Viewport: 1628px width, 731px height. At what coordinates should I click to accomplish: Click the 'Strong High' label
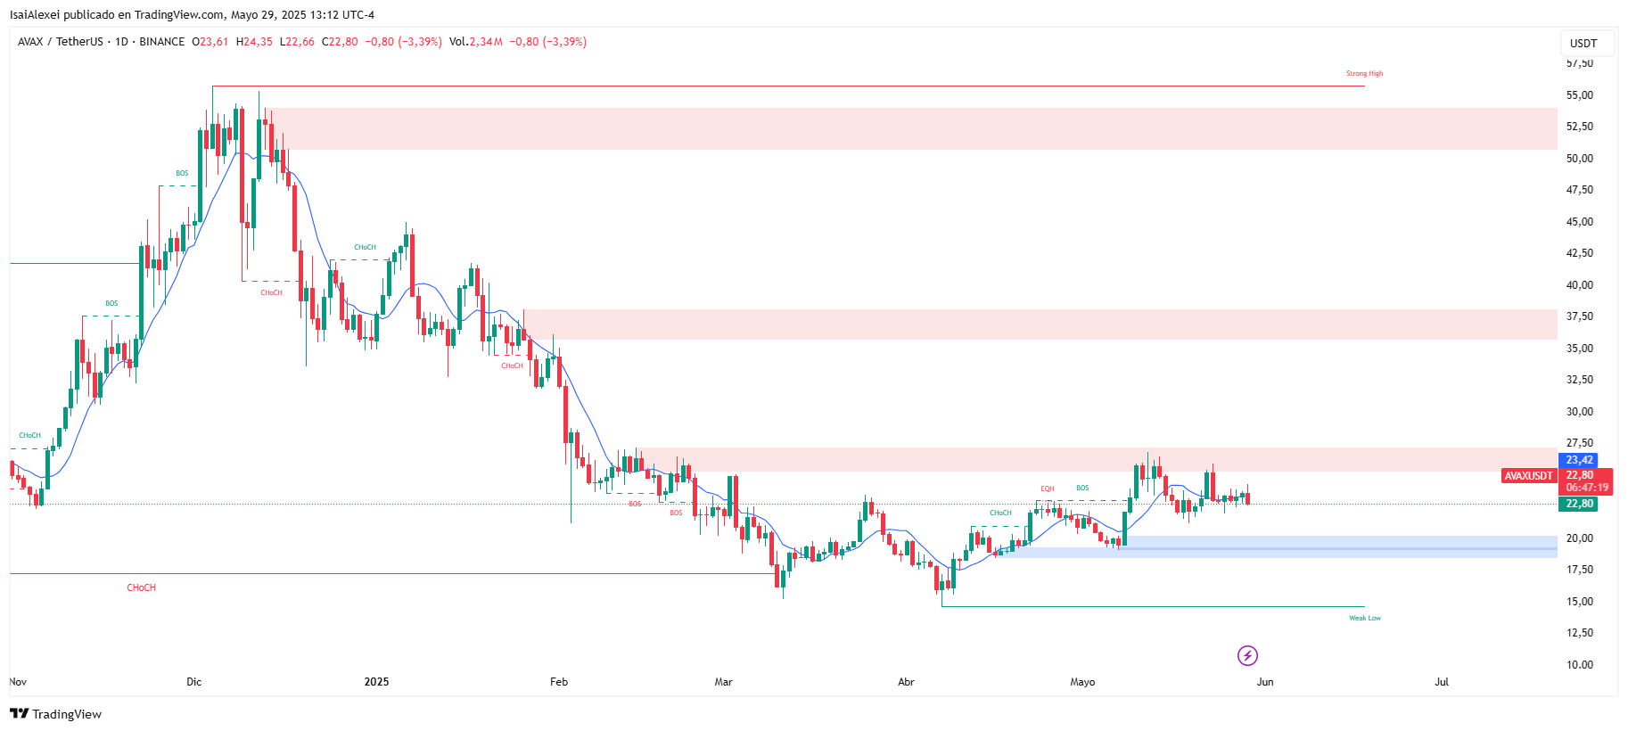click(1364, 74)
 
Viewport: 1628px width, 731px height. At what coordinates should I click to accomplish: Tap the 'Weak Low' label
click(1364, 618)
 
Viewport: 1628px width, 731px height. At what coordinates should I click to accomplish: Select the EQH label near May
click(1047, 489)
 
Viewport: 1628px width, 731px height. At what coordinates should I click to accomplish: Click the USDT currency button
click(1583, 44)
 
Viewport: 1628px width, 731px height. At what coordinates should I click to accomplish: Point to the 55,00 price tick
click(1580, 95)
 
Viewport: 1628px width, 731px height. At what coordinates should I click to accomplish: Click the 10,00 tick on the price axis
click(1580, 664)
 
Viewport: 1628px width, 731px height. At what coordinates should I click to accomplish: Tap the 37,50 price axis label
click(1580, 316)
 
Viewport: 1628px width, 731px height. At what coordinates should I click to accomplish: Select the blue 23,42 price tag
click(1580, 460)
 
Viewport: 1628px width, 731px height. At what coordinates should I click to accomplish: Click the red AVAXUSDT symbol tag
click(1529, 476)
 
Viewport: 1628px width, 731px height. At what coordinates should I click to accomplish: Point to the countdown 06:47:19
click(1587, 488)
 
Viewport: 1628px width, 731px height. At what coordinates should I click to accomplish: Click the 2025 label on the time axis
click(376, 682)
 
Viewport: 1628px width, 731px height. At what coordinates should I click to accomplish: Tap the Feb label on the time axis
click(559, 682)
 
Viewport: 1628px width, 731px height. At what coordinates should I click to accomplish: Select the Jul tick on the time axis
click(1442, 682)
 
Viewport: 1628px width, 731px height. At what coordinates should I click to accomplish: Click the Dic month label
click(194, 682)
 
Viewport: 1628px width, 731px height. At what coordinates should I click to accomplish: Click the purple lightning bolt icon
click(1247, 656)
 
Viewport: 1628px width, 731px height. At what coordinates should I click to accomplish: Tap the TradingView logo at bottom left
click(56, 714)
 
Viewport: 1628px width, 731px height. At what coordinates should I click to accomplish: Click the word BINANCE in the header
click(162, 42)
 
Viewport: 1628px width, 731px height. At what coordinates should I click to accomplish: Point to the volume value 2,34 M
click(486, 42)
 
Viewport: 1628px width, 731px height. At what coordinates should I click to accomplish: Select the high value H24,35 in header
click(254, 42)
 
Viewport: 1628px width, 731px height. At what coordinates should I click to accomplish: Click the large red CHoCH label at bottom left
click(141, 588)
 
